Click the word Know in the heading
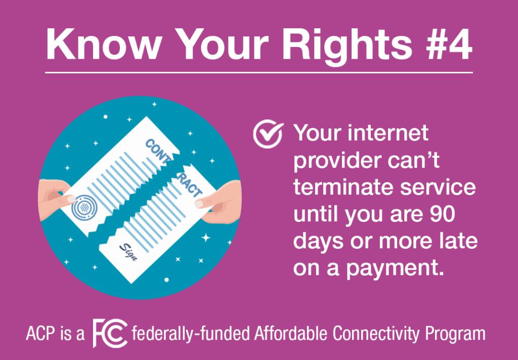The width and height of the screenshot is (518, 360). pos(103,44)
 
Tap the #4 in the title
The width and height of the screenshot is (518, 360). pos(449,44)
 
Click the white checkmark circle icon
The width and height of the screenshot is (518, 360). pos(268,134)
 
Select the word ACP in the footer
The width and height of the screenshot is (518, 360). pos(40,334)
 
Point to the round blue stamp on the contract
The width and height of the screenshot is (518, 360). pos(84,207)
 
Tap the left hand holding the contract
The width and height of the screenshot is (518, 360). pos(56,199)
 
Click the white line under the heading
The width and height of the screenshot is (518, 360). pos(259,72)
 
